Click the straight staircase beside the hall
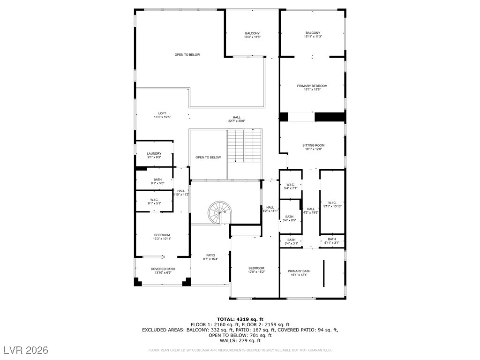[x=244, y=145]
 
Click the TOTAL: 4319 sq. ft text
[x=240, y=319]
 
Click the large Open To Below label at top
[x=187, y=55]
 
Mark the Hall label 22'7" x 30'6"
[x=237, y=119]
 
